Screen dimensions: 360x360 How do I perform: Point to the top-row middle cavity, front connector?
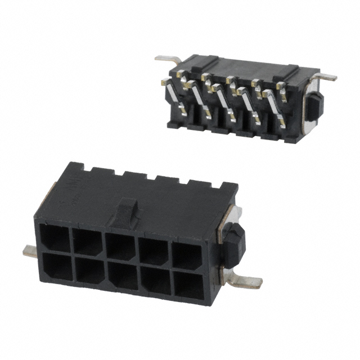click(x=120, y=247)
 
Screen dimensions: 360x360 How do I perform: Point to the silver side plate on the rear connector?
click(x=308, y=107)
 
